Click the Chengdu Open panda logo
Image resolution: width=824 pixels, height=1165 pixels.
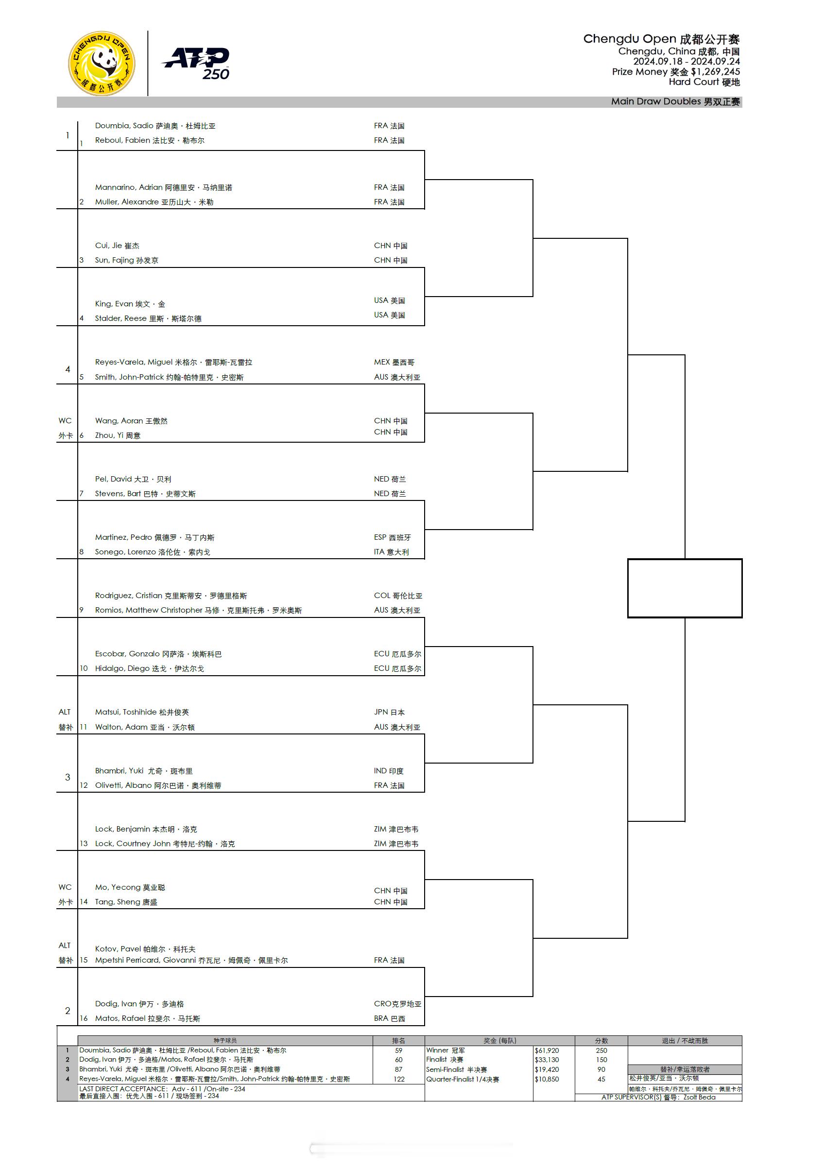click(x=102, y=64)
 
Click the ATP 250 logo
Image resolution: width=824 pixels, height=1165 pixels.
click(x=196, y=64)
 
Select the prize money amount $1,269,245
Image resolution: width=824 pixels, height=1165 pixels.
click(x=715, y=71)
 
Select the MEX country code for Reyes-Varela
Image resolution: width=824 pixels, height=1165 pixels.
click(x=382, y=362)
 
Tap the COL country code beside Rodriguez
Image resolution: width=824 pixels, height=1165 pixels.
click(x=382, y=596)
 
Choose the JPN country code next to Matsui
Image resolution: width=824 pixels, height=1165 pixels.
click(x=381, y=713)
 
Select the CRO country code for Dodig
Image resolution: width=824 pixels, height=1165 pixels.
click(x=382, y=1004)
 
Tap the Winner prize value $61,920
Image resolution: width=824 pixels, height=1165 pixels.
click(x=546, y=1050)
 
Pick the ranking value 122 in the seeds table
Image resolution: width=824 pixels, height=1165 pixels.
click(x=398, y=1079)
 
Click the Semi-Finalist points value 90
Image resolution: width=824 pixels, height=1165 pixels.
click(x=601, y=1069)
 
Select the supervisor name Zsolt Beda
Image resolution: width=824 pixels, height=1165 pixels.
click(x=699, y=1097)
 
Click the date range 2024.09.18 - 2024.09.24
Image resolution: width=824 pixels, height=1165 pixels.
click(x=687, y=61)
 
